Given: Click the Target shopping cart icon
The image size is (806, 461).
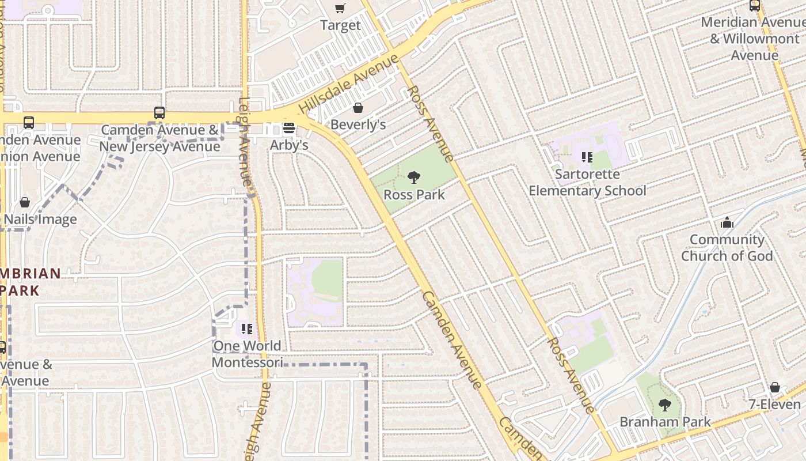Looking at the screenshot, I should pos(340,8).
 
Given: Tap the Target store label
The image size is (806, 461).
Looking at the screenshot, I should pos(340,25).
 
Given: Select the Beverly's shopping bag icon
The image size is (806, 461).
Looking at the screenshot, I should pos(358,108).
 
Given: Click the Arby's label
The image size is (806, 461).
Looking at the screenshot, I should pos(289,145).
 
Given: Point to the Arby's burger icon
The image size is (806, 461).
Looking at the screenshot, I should pos(289,128).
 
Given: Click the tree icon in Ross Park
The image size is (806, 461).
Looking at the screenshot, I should pos(413,177).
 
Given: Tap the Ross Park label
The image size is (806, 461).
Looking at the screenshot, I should pos(414,195).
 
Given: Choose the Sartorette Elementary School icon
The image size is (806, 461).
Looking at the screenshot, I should pos(587,157).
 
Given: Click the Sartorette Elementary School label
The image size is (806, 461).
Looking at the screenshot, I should pos(587,182).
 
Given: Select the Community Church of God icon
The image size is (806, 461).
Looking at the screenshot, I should pos(727,222).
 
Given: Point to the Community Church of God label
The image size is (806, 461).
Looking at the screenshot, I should pos(727,248).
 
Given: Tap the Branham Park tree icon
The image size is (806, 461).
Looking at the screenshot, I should pos(665,405).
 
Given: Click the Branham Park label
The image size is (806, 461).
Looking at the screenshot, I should pos(665,422).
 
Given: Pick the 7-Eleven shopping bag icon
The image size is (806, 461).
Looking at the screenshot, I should pos(775,387).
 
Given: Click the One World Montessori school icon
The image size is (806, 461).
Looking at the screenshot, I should pos(247,329).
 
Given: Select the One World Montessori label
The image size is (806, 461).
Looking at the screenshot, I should pos(247,354).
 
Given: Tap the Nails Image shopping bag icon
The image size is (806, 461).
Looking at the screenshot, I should pos(25,202).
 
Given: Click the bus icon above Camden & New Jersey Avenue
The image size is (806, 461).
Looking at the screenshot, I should pos(159,113).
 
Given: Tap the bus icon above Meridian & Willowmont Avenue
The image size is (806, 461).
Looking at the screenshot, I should pos(754,6).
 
